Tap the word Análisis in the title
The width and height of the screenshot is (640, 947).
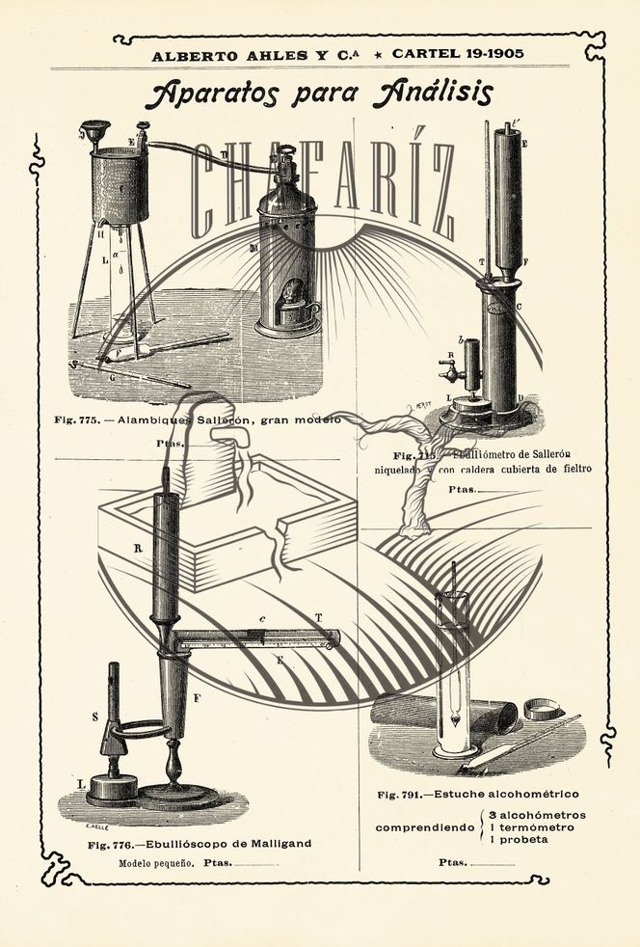point(432,93)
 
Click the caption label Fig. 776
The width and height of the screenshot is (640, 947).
point(109,845)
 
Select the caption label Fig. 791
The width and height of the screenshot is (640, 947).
point(401,794)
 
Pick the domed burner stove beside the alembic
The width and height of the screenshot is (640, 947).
point(286,256)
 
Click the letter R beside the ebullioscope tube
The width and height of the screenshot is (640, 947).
point(138,548)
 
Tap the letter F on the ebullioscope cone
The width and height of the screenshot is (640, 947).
point(197,696)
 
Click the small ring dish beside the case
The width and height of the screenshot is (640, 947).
point(543,710)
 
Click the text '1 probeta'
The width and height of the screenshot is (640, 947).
point(519,840)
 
